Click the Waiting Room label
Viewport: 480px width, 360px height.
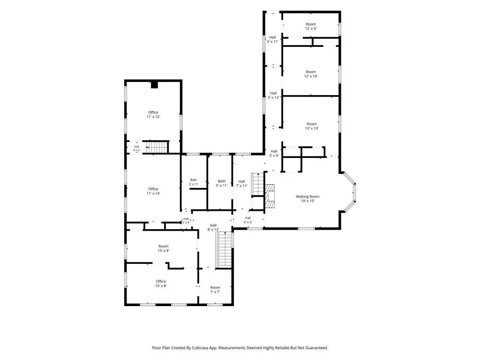click(307, 199)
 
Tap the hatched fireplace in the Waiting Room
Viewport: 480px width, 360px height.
click(270, 196)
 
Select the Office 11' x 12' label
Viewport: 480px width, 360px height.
click(153, 114)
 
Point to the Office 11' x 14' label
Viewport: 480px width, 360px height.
click(153, 191)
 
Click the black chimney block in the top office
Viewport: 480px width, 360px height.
click(154, 85)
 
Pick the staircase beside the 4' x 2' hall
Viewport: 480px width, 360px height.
click(157, 147)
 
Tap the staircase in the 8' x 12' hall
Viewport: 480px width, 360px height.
click(225, 249)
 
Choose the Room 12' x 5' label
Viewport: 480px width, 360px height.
click(311, 26)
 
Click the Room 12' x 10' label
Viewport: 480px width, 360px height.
click(311, 74)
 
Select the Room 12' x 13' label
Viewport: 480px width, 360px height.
click(312, 126)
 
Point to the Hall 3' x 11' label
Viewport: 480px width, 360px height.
click(272, 39)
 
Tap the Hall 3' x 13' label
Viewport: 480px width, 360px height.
click(273, 96)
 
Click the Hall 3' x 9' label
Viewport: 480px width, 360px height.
click(274, 153)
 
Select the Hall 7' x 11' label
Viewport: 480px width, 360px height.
click(241, 183)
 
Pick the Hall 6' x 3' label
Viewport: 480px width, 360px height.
click(247, 220)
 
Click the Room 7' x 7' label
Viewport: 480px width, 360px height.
click(215, 290)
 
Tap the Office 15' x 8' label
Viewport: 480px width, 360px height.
click(161, 284)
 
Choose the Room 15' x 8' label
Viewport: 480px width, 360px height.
click(164, 248)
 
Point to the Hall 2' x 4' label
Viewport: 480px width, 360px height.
click(186, 220)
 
